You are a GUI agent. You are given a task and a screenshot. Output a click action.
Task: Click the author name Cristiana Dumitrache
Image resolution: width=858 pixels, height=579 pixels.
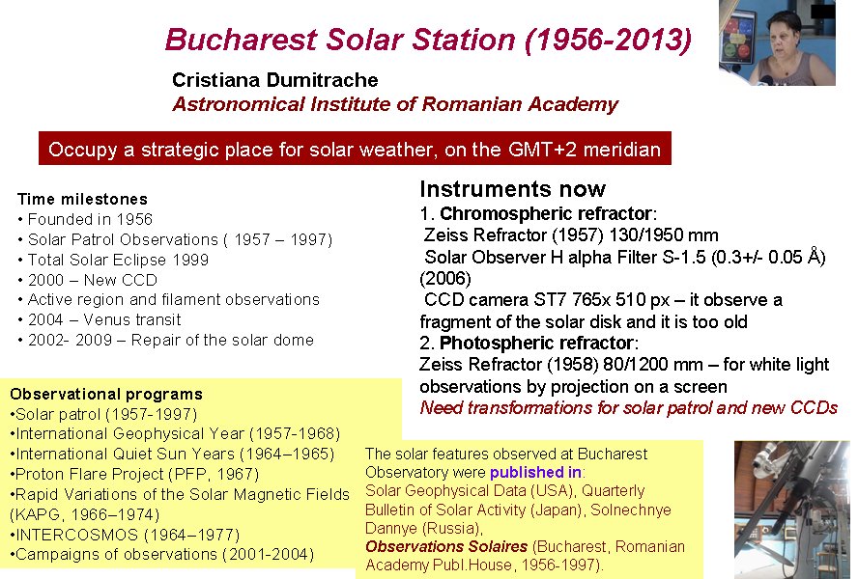[x=274, y=80]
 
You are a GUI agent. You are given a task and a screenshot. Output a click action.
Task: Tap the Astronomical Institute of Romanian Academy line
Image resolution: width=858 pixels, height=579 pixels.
[x=395, y=104]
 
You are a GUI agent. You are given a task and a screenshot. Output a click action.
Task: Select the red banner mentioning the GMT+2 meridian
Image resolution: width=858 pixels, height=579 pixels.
[x=355, y=149]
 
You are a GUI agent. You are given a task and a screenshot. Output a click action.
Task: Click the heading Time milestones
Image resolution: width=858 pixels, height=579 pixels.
[x=82, y=199]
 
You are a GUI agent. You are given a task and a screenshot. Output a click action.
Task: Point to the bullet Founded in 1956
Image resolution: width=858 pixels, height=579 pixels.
[x=85, y=219]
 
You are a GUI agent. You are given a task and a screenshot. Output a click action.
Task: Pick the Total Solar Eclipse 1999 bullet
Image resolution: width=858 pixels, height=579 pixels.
[x=113, y=260]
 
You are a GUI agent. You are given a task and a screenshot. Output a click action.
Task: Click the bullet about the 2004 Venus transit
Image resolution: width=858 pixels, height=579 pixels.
[x=100, y=319]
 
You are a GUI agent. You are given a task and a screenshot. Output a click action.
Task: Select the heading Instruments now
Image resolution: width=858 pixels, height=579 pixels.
[x=513, y=189]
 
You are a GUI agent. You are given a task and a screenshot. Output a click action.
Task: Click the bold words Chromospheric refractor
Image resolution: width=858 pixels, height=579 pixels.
[x=546, y=213]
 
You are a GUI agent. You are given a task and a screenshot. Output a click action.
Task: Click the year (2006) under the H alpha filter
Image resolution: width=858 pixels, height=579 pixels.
[x=444, y=278]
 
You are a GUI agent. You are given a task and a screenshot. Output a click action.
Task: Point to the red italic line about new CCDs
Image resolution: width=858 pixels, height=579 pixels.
[x=628, y=408]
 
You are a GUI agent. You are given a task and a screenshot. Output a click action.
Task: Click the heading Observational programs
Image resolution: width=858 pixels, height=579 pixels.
[x=106, y=394]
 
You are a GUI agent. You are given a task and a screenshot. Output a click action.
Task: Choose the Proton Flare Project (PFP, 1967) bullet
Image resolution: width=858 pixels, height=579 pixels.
[x=134, y=474]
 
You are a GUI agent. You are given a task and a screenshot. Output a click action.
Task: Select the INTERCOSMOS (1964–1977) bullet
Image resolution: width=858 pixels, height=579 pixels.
[x=125, y=535]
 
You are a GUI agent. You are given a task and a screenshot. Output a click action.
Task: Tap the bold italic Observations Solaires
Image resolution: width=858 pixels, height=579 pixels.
[x=446, y=546]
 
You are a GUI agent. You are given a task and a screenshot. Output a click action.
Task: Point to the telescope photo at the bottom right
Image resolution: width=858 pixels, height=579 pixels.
[x=791, y=510]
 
